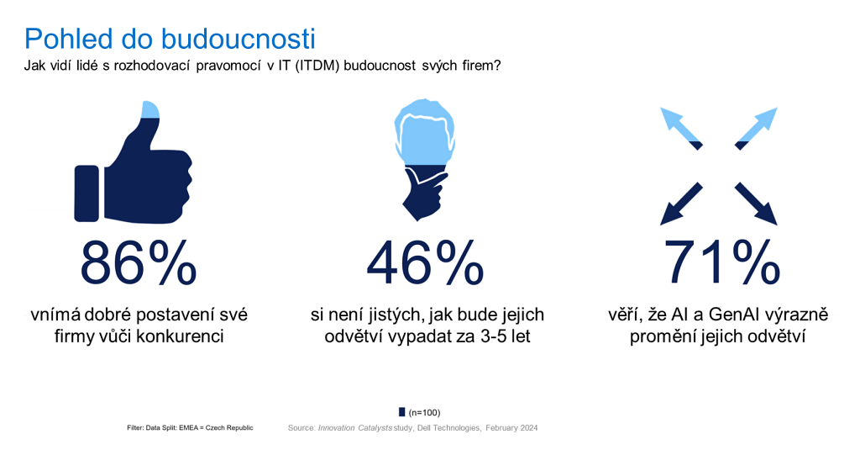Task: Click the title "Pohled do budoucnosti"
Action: (170, 39)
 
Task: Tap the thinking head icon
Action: (424, 159)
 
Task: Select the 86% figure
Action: (139, 262)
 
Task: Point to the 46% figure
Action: (425, 262)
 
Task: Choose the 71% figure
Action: (721, 262)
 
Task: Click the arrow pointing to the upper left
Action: (680, 128)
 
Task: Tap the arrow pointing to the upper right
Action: (757, 128)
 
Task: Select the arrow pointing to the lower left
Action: (680, 204)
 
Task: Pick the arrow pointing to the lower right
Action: (757, 204)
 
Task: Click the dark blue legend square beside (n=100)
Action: (402, 412)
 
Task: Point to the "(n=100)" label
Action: (424, 413)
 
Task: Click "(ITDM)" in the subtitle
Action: (317, 66)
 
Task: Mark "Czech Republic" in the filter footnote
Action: (229, 427)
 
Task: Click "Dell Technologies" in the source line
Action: (448, 427)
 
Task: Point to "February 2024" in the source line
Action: (511, 427)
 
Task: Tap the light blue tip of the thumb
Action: (150, 110)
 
